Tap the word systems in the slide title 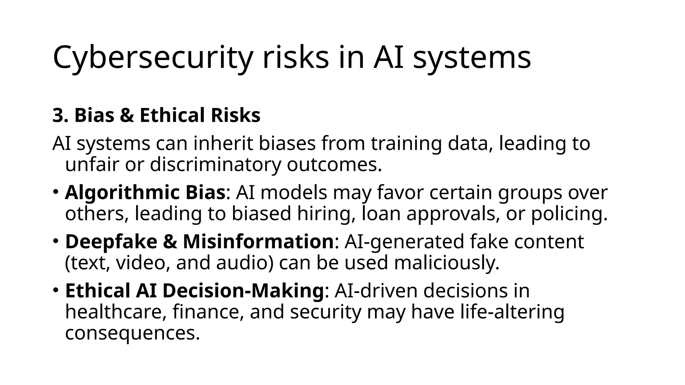click(472, 57)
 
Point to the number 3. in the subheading click(61, 116)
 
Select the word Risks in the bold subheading click(235, 116)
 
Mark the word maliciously click(447, 263)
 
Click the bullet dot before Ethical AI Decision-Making click(56, 290)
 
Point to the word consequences click(132, 333)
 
